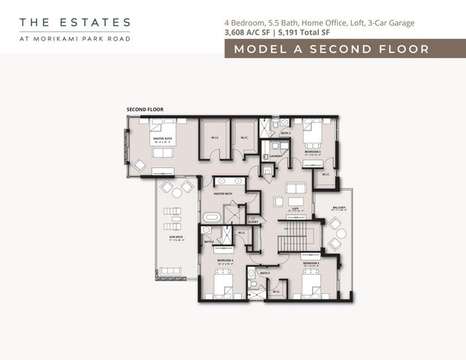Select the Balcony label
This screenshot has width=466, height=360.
(x=339, y=208)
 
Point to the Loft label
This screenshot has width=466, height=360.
(x=296, y=208)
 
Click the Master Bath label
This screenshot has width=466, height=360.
(x=223, y=194)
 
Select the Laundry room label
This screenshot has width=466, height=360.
(x=275, y=156)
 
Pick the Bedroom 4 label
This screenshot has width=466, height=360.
(x=223, y=260)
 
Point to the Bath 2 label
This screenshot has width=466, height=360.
(x=285, y=133)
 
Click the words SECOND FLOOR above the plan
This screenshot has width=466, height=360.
(x=145, y=109)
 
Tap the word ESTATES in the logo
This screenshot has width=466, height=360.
(x=95, y=23)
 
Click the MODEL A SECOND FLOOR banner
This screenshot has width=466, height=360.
(x=331, y=49)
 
